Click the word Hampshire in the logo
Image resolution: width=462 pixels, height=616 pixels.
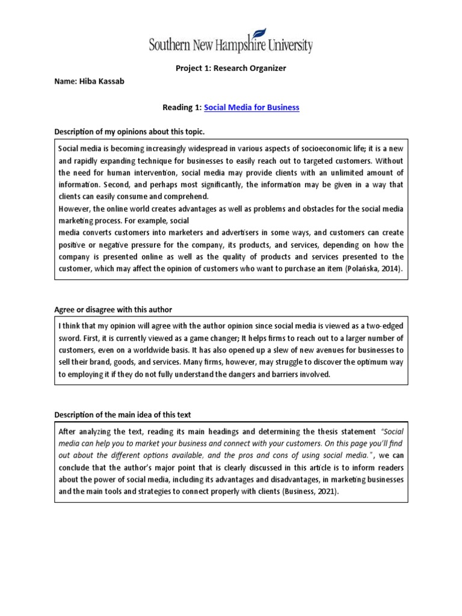(235, 45)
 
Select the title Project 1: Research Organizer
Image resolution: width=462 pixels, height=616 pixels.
(231, 68)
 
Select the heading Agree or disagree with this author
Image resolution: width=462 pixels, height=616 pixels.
(113, 309)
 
